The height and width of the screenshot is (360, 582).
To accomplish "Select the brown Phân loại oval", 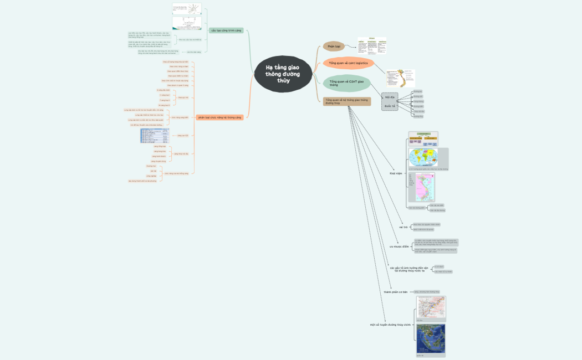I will pos(334,47).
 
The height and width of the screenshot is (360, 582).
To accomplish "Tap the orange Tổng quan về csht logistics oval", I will pos(348,63).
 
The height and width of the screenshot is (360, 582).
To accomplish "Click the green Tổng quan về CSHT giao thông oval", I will pos(346,84).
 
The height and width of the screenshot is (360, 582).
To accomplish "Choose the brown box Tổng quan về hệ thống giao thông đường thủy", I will pos(346,101).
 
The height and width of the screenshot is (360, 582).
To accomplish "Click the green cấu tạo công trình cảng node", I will pos(226,30).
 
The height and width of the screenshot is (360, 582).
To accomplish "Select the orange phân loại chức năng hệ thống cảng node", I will pos(219,117).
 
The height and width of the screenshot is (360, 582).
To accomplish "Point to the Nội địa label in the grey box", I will pos(390,97).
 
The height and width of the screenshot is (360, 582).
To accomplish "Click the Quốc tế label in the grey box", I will pos(390,105).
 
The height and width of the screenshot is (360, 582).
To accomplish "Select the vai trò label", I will pos(403,227).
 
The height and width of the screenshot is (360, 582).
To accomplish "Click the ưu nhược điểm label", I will pos(399,246).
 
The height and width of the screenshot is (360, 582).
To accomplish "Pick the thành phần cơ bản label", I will pos(395,291).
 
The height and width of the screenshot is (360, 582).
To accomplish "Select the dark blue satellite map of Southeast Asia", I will pos(431,339).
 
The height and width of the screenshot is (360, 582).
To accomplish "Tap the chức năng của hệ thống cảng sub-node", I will pos(175,173).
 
